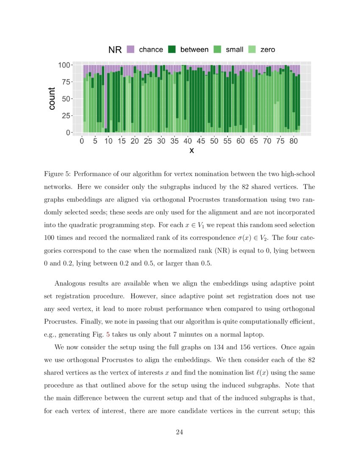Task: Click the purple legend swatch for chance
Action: (x=130, y=50)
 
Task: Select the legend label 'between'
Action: (x=194, y=50)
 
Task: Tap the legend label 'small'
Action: (x=234, y=50)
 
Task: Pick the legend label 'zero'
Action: (x=268, y=50)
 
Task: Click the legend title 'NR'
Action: (x=115, y=50)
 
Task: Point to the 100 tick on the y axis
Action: (x=64, y=65)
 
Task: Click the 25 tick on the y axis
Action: (x=66, y=116)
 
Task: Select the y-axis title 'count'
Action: (x=52, y=98)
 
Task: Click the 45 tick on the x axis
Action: (x=201, y=141)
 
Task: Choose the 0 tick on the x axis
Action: (x=82, y=141)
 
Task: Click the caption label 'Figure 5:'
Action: (x=59, y=174)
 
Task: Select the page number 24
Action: (x=179, y=432)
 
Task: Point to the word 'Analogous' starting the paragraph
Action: (x=70, y=283)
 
